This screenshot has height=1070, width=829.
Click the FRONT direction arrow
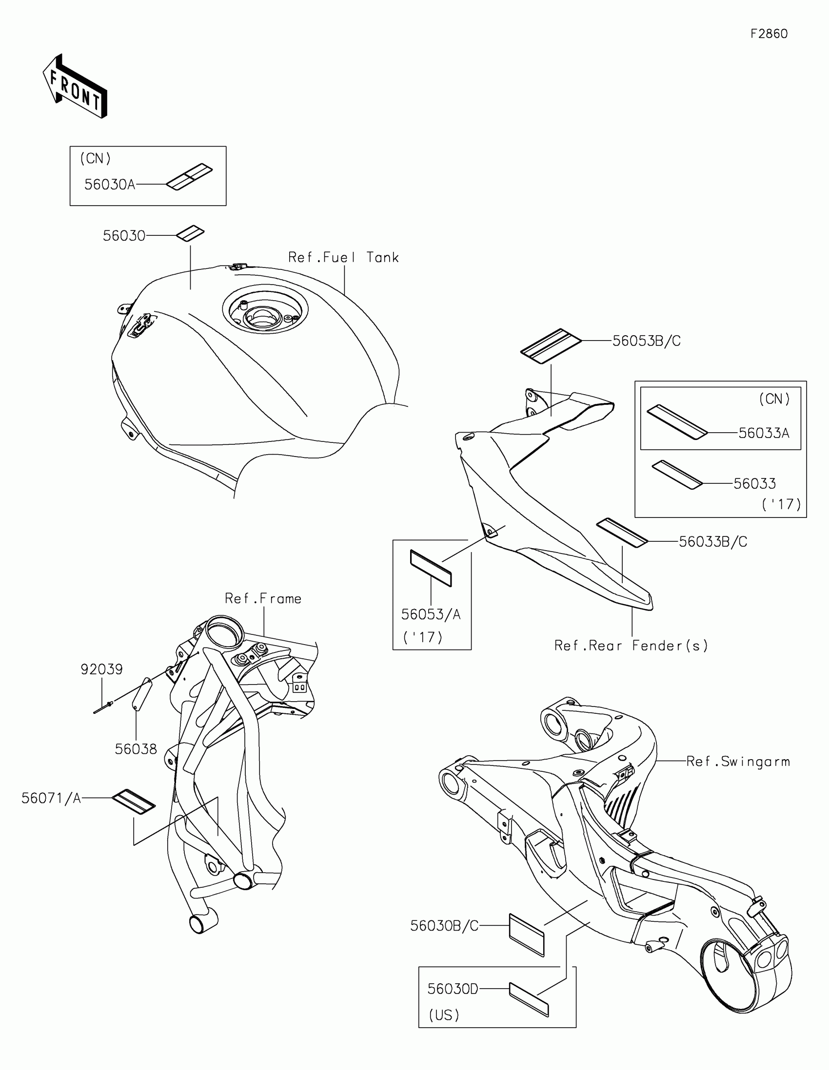coord(75,87)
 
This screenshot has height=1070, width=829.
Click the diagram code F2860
coord(769,34)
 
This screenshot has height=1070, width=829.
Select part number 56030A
coord(109,185)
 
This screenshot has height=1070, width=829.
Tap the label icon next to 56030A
coord(189,177)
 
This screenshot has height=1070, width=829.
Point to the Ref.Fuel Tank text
coord(343,258)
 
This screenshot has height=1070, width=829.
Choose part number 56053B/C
coord(646,341)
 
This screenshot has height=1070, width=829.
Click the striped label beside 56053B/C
coord(550,346)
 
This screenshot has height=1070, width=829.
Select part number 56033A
coord(763,433)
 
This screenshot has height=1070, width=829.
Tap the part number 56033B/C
coord(713,542)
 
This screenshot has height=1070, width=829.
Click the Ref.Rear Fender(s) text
coord(631,646)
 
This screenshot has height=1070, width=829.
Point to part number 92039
coord(101,669)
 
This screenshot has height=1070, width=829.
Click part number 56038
coord(136,749)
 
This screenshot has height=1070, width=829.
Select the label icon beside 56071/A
coord(133,802)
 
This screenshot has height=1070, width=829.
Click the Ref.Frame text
coord(263,599)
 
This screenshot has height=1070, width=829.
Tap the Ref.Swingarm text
coord(738,762)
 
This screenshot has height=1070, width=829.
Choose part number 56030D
coord(453,989)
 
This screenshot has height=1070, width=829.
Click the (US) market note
coord(444,1015)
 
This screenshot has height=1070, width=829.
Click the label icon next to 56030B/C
coord(527,935)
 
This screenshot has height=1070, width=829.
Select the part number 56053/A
coord(431,614)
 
